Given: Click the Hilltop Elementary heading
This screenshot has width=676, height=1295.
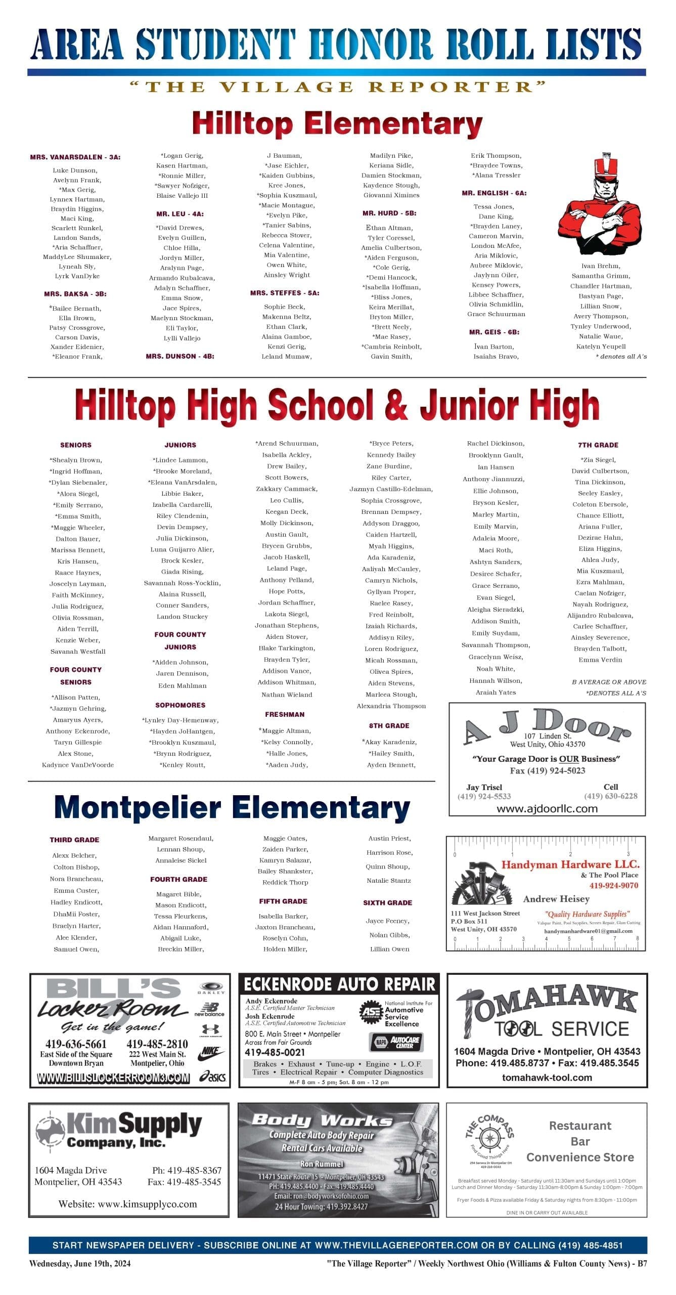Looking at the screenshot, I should tap(337, 124).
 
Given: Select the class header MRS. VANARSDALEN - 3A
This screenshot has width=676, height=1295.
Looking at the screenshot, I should tap(75, 157).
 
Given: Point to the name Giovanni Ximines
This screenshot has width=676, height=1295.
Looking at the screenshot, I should tap(391, 195).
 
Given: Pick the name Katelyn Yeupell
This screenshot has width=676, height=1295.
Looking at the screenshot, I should tap(601, 347).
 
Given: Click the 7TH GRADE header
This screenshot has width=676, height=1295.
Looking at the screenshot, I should tap(598, 445).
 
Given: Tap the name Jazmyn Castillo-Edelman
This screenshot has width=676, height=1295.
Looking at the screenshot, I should tap(391, 489).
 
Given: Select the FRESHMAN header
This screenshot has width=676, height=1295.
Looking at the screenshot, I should tap(285, 714).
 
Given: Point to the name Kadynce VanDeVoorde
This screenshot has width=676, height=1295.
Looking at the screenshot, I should tap(78, 765).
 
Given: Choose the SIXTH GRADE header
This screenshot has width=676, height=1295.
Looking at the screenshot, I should tap(387, 902).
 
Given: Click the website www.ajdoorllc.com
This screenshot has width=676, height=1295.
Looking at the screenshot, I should tap(547, 809).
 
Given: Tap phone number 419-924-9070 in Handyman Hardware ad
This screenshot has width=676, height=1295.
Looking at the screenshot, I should tap(613, 885).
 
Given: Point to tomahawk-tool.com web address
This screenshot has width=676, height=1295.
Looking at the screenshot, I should tap(547, 1077).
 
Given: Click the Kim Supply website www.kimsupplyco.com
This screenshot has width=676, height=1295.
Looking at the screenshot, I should tap(127, 1204).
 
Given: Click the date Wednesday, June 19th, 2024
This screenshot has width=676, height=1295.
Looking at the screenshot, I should tap(80, 1263).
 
